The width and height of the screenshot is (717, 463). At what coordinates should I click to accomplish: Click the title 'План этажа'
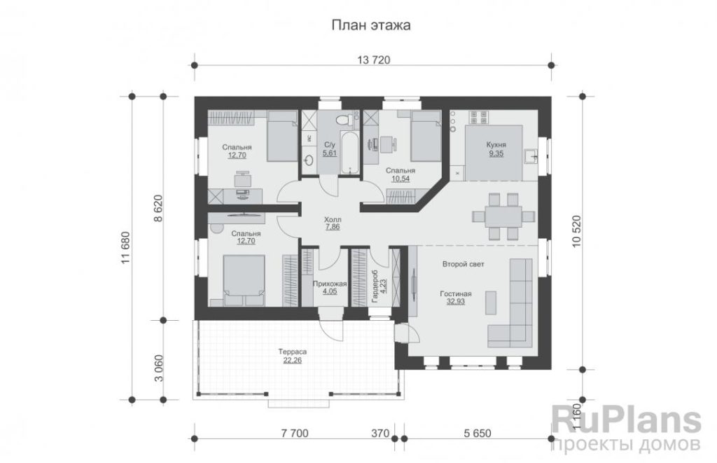click(371, 25)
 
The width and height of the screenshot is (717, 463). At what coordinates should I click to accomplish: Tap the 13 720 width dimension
click(373, 60)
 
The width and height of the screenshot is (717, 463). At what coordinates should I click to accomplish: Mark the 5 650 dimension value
click(478, 433)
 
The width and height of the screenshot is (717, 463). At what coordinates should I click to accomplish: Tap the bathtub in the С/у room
click(350, 153)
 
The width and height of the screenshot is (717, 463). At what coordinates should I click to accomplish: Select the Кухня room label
click(496, 145)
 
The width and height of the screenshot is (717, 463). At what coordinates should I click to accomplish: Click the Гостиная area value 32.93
click(455, 301)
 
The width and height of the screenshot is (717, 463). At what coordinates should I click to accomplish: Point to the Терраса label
click(292, 352)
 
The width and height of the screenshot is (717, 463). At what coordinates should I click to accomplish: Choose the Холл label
click(333, 219)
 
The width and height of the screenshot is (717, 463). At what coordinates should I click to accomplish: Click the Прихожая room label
click(330, 284)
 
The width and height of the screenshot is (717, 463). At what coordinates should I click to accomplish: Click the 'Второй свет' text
click(464, 264)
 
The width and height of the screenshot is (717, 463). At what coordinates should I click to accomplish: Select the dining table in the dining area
click(503, 216)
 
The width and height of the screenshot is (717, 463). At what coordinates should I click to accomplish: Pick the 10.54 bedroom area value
click(401, 179)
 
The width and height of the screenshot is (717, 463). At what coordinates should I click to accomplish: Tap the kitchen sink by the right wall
click(530, 156)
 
